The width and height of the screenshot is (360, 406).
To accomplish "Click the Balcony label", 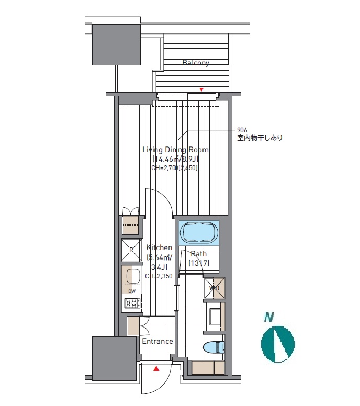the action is coord(196,63).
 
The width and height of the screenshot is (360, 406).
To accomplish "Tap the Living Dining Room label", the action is coord(176,150).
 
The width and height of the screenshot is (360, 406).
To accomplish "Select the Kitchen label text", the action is coord(159,247).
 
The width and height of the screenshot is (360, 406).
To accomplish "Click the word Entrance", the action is coord(157,341).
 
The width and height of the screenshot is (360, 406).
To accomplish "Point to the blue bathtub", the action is coord(199,232).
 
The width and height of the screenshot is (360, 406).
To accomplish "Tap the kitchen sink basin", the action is coord(133,276).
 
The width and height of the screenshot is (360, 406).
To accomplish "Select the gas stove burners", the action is coord(132,302).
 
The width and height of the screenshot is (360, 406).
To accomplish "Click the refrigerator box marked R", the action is coord(131,250).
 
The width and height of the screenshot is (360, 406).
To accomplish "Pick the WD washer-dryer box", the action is coord(214,288).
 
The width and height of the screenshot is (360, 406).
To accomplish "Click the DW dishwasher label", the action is coord(132,291).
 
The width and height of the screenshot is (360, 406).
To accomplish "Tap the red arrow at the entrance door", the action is coord(156,369).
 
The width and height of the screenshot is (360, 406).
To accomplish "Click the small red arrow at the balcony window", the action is coord(201,89).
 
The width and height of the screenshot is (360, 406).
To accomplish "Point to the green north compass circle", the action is coord(278,344).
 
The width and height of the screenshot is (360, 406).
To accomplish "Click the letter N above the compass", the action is coord(269,317).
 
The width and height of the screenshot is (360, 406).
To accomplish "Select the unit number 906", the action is coord(242,130).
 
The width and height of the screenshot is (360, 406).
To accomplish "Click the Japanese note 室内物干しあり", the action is coord(260,138).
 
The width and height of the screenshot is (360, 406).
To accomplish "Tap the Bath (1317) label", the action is coord(199,258).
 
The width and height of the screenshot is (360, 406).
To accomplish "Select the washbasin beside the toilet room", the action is coord(215,317).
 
